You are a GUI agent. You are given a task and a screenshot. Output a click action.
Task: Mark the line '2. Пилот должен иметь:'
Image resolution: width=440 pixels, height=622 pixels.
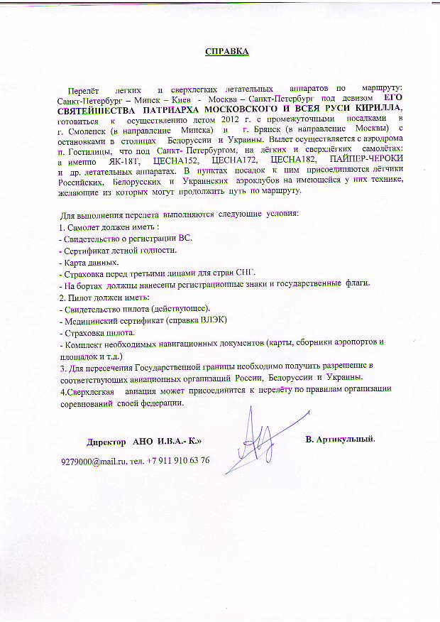coord(101,297)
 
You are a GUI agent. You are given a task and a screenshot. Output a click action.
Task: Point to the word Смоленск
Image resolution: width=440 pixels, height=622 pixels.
coord(89,131)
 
